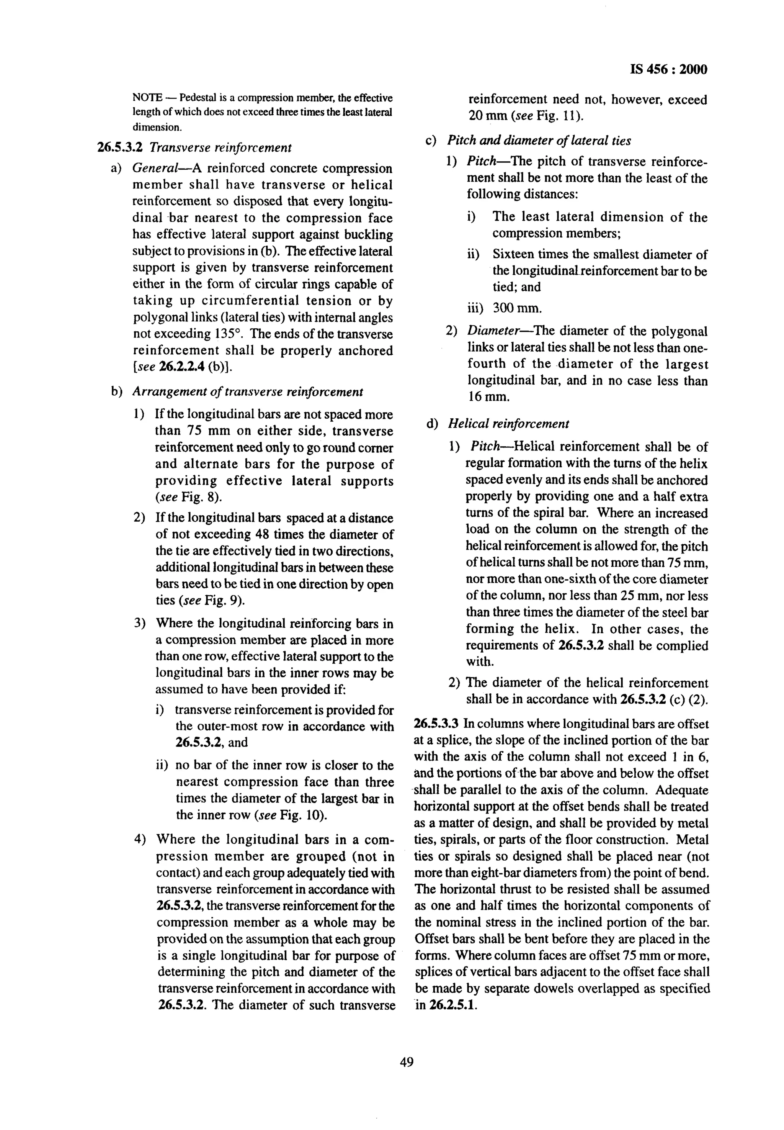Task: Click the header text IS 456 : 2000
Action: click(x=668, y=70)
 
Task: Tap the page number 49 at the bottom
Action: click(x=406, y=1063)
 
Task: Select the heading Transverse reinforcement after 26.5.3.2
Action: click(x=220, y=147)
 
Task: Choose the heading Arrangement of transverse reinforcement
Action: click(x=248, y=392)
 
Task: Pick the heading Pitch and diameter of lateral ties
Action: click(x=539, y=141)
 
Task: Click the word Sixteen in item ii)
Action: click(x=513, y=255)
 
